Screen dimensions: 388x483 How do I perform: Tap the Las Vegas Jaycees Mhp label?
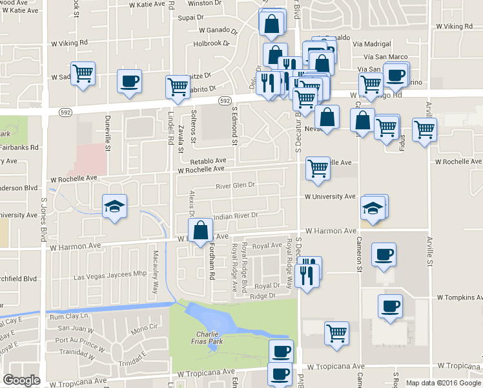coord(110,276)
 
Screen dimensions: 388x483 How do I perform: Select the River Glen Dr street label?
coord(235,185)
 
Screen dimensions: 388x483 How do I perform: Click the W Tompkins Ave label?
coord(459,297)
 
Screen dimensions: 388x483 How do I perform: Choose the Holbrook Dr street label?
coord(211,44)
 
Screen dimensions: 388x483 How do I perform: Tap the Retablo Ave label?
coord(207,160)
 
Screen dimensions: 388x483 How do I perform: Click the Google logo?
coord(22,380)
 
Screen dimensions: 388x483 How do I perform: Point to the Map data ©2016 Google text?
coord(443,383)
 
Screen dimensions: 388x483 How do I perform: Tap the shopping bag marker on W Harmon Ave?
coord(201,230)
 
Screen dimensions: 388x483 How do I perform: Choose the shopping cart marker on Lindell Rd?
coord(178,87)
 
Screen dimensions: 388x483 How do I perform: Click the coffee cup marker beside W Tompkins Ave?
coord(390,307)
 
